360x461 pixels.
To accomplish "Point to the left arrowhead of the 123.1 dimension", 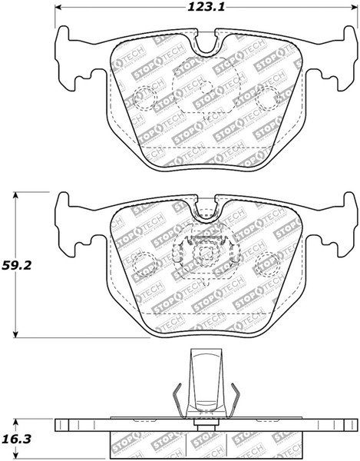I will click(60, 9).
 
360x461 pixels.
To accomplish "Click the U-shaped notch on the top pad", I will click(205, 44).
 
